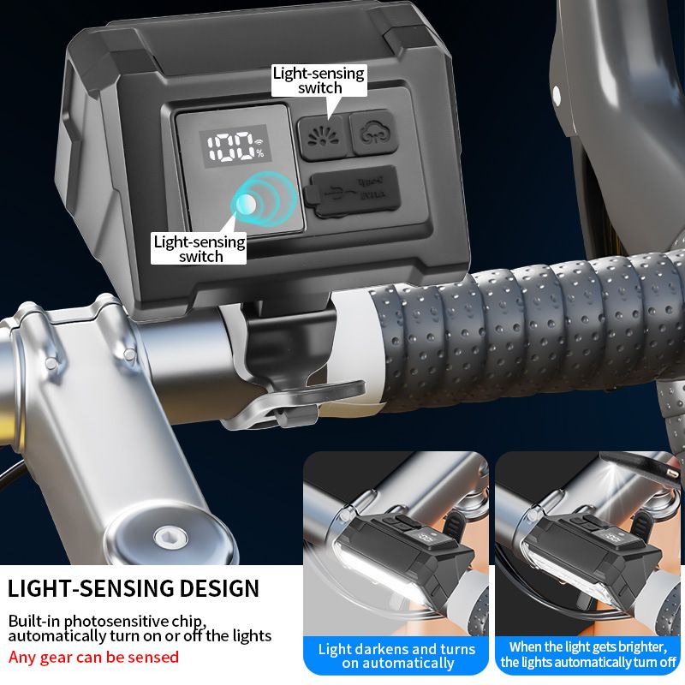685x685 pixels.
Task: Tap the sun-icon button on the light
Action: [321, 137]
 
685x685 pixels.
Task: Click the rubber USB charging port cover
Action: [352, 193]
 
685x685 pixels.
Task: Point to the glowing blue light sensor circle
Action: [245, 204]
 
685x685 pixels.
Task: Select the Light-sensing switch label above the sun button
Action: [319, 80]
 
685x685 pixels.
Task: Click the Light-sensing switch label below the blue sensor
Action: [200, 248]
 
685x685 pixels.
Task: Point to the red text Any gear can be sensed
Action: [94, 658]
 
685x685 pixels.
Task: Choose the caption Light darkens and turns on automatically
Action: [396, 656]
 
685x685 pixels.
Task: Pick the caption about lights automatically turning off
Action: [588, 655]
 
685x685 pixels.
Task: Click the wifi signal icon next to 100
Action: [259, 141]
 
